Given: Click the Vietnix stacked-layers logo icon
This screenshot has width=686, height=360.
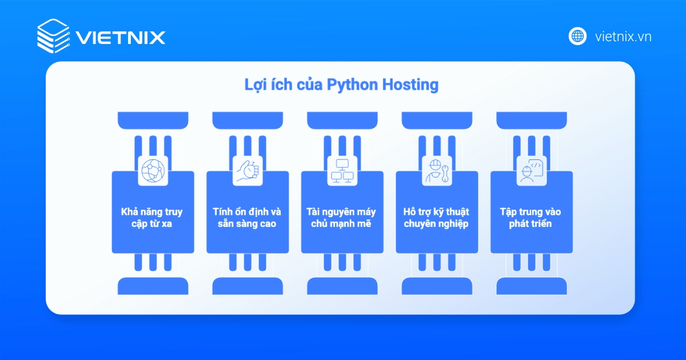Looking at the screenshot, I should pyautogui.click(x=53, y=36).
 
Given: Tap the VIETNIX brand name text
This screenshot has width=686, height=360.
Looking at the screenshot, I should pyautogui.click(x=121, y=38).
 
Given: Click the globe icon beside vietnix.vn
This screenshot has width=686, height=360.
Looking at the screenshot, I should pyautogui.click(x=577, y=36).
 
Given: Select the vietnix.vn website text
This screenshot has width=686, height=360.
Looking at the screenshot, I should pyautogui.click(x=623, y=37).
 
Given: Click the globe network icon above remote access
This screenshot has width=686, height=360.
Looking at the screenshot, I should pyautogui.click(x=153, y=170).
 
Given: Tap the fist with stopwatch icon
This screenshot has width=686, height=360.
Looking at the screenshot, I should pyautogui.click(x=248, y=170).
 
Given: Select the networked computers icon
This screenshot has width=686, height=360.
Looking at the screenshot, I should pyautogui.click(x=342, y=170).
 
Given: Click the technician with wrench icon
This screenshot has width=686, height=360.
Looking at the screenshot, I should pyautogui.click(x=437, y=170).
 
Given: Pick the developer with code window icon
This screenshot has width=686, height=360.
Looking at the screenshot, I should pyautogui.click(x=532, y=170).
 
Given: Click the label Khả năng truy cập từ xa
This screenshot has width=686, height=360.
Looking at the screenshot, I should pyautogui.click(x=152, y=218).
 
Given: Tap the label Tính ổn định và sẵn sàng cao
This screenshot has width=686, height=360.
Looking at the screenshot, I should pyautogui.click(x=247, y=218).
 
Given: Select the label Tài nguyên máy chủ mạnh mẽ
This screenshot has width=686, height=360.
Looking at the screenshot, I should pyautogui.click(x=342, y=218).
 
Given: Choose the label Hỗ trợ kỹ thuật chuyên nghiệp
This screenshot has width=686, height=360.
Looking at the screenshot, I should pyautogui.click(x=436, y=218).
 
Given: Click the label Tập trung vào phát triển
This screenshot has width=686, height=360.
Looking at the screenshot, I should pyautogui.click(x=531, y=218).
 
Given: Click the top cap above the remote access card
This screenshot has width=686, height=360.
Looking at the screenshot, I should pyautogui.click(x=153, y=120).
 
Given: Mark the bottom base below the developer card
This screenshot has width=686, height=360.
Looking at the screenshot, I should pyautogui.click(x=532, y=286).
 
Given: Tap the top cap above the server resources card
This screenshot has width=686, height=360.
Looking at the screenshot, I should pyautogui.click(x=342, y=120).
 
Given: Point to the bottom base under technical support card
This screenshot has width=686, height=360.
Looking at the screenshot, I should pyautogui.click(x=437, y=286).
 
